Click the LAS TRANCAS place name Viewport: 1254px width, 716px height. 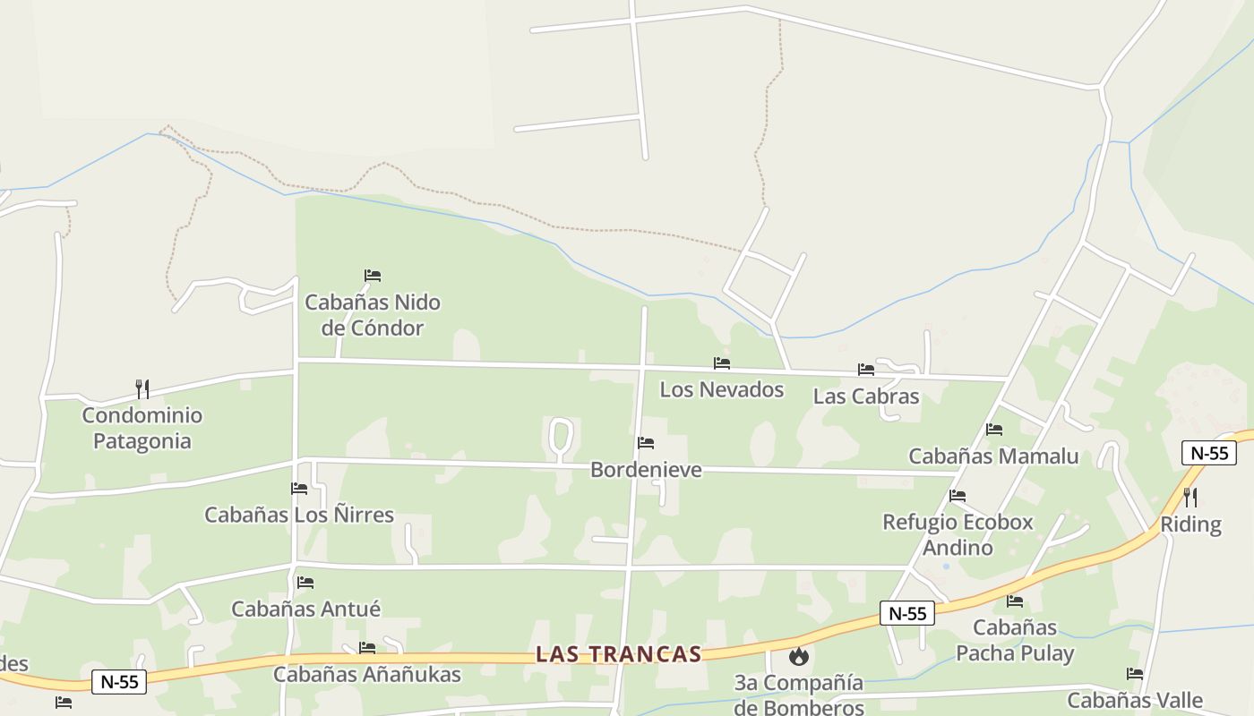tap(618, 654)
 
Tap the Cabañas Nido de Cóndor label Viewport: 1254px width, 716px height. tap(373, 315)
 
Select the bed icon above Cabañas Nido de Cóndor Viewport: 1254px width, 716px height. tap(373, 276)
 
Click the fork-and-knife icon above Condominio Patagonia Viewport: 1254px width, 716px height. tap(142, 388)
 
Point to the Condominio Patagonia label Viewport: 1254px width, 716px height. tap(142, 428)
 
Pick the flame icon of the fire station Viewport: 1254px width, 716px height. tap(798, 656)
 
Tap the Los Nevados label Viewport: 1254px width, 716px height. tap(722, 389)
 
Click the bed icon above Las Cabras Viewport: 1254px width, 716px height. tap(865, 369)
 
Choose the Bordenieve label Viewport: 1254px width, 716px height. tap(646, 469)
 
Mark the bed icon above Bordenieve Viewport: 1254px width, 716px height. tap(645, 443)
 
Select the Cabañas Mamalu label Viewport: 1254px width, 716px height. tap(993, 456)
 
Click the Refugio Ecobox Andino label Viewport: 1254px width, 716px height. tap(958, 534)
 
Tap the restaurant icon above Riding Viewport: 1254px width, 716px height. tap(1190, 498)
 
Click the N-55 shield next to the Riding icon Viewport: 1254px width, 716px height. tap(1209, 453)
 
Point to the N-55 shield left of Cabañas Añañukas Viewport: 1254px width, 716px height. tap(119, 682)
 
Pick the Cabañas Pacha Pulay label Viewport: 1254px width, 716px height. tap(1015, 640)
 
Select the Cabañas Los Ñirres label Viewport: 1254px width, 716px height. tap(299, 515)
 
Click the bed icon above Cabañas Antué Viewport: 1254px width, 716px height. tap(305, 583)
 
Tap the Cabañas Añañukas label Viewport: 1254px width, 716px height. tap(367, 674)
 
